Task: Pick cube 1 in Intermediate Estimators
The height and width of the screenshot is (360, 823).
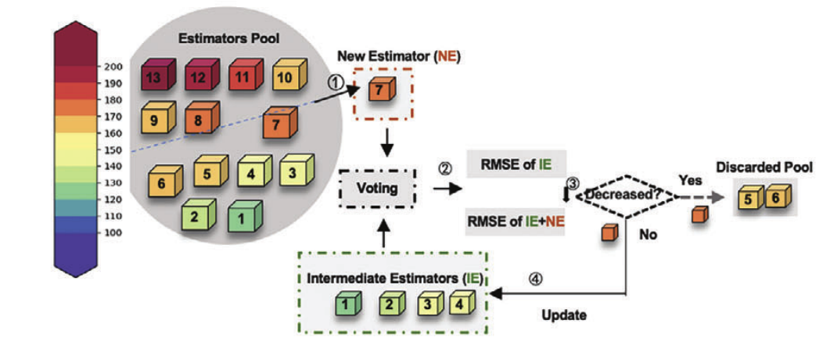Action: click(346, 302)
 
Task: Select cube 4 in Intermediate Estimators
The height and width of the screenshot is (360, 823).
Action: click(459, 302)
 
